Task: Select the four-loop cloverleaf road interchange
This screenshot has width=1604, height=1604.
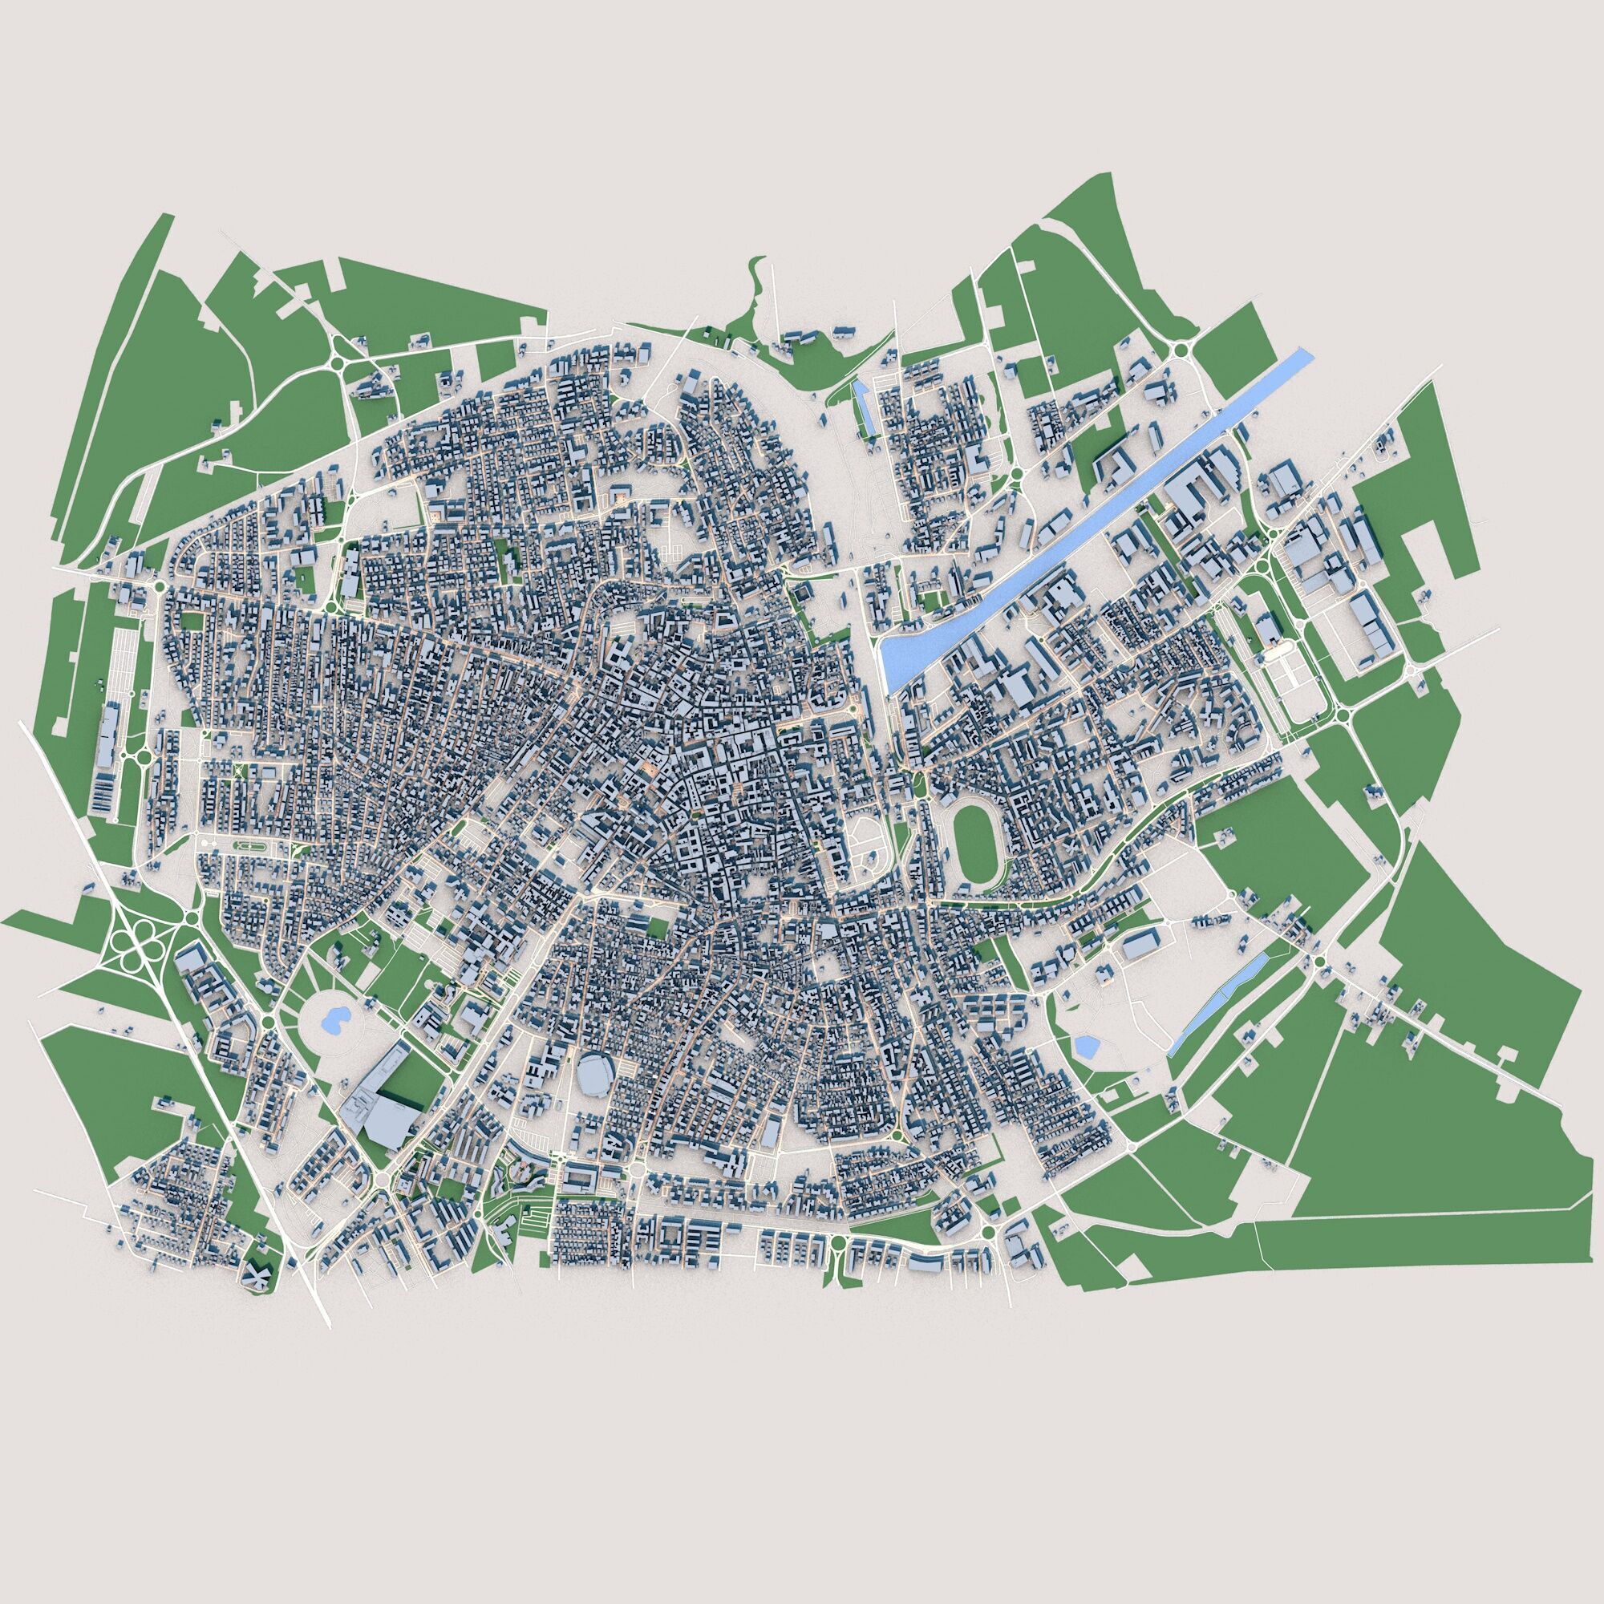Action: point(132,946)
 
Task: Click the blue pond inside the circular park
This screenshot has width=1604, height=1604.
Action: point(334,1019)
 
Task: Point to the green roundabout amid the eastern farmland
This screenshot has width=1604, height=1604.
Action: point(1319,962)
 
